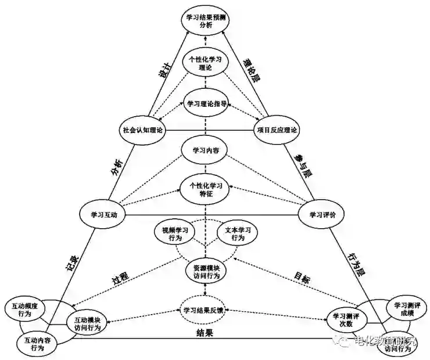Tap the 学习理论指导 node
point(206,105)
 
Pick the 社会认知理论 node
point(142,130)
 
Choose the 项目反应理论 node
point(277,130)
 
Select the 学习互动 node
point(104,214)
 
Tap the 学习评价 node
point(321,214)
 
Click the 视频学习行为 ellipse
point(175,234)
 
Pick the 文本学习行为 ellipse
point(237,234)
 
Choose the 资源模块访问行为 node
point(206,271)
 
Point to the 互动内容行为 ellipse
point(37,344)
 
